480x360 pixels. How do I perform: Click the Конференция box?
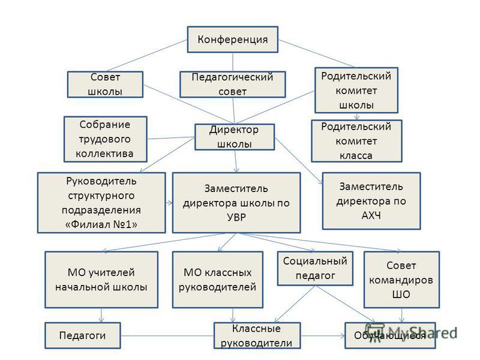click(x=233, y=40)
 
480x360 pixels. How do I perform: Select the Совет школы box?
click(x=105, y=85)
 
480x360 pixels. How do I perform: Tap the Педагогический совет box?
click(x=233, y=85)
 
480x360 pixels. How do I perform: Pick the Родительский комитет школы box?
click(x=356, y=91)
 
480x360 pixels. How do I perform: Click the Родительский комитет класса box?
click(x=356, y=141)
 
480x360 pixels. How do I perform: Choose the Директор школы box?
click(x=235, y=137)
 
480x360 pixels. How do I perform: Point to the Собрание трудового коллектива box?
click(x=106, y=139)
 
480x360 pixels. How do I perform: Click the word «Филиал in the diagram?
click(x=86, y=224)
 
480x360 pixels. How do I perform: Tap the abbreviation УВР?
click(x=236, y=217)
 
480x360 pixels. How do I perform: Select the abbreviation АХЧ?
click(x=371, y=215)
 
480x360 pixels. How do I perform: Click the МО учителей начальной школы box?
click(x=101, y=280)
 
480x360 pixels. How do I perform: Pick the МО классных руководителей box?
click(x=218, y=280)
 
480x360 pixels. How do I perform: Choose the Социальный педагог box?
click(x=315, y=268)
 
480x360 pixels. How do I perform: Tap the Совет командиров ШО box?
click(x=401, y=280)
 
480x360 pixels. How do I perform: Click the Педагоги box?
click(x=83, y=335)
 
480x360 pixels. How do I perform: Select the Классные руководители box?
click(x=257, y=335)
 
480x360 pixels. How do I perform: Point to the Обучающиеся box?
click(x=391, y=335)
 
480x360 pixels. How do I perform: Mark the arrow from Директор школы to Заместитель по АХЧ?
click(x=299, y=161)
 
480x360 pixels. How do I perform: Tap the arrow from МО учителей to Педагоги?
click(x=101, y=316)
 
